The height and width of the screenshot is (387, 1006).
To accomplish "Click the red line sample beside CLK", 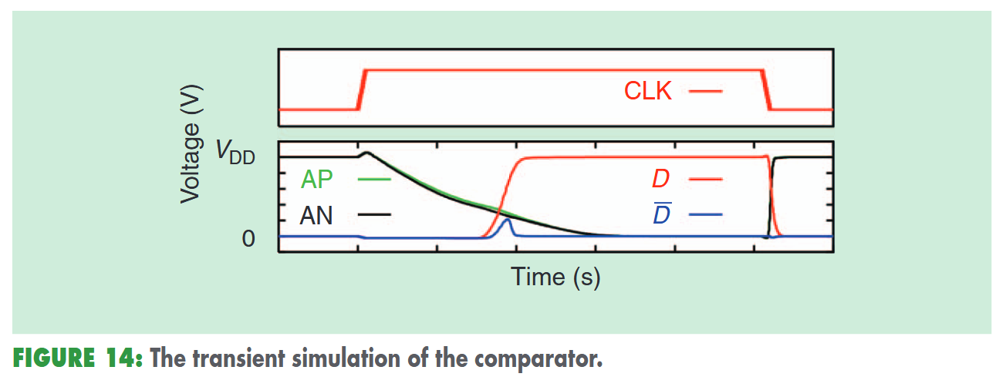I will [705, 91].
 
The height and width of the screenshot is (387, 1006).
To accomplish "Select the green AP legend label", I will [317, 179].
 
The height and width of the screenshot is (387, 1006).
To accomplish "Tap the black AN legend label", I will [317, 215].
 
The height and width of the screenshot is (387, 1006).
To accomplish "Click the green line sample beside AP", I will [374, 179].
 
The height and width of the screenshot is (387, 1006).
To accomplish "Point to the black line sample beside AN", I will [374, 214].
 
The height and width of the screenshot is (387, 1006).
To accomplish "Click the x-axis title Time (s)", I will [555, 276].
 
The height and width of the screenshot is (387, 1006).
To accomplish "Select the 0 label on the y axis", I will [248, 238].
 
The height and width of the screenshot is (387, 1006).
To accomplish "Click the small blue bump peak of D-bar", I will [507, 220].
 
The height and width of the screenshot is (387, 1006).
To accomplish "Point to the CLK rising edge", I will [361, 89].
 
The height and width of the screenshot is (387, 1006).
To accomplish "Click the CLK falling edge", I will [768, 89].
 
